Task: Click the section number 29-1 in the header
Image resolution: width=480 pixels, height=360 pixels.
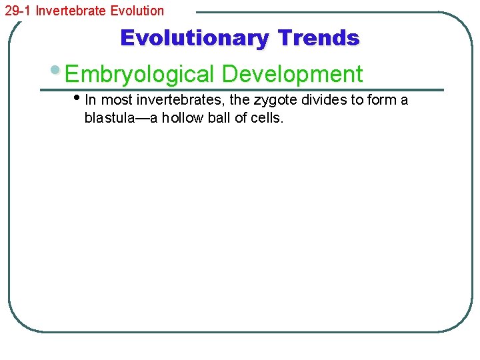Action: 17,11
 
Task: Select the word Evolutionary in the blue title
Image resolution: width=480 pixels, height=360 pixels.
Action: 194,38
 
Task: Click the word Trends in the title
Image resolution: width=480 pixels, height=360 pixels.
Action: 319,38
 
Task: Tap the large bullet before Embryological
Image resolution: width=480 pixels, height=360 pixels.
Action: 56,71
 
